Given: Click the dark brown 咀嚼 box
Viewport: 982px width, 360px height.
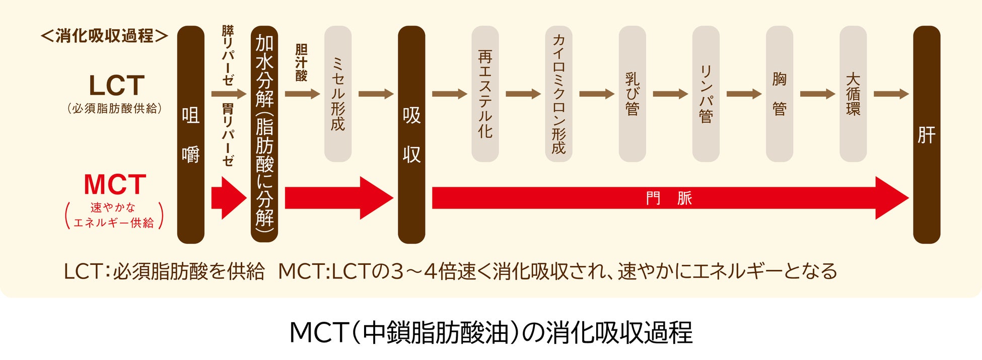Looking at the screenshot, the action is point(190,134).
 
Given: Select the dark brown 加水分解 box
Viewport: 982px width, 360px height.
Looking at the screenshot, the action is point(264,134).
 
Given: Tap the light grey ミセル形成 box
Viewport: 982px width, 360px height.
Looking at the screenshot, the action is point(337,94).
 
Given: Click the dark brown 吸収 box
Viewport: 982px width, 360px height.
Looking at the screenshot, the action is point(411,134).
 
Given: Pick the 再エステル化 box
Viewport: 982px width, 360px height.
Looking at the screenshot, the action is point(485,94).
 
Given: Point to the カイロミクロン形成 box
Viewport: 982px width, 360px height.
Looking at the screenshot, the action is point(558,94).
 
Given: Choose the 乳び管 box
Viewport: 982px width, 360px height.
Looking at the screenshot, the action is point(632,94).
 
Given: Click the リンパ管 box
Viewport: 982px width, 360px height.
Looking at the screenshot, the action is point(706,94).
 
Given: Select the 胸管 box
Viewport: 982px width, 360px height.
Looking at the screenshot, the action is point(779,94).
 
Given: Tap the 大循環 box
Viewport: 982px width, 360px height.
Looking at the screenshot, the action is point(853,94).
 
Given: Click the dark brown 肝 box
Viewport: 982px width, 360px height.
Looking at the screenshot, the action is point(927,134).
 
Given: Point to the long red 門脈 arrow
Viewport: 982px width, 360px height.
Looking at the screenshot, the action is point(670,198).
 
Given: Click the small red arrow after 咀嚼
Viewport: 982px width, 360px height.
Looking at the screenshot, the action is point(228,198).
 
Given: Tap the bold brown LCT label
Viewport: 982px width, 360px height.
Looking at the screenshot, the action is point(116,86).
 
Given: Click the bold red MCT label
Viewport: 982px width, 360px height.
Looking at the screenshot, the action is point(115,185).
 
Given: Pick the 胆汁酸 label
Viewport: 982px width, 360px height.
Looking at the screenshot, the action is point(301,62).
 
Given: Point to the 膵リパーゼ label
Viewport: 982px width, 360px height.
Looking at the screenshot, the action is point(228,55).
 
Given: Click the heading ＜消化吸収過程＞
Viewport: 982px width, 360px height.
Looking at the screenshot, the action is point(104,36).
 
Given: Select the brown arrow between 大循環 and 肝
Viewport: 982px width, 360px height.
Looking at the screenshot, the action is point(890,94).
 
